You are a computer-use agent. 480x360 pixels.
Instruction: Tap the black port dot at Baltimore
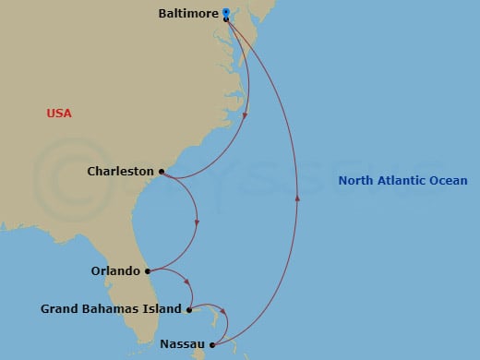[x=226, y=18]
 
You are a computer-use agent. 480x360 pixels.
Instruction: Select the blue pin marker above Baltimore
[x=226, y=12]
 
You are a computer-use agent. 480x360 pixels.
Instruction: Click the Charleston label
[x=120, y=171]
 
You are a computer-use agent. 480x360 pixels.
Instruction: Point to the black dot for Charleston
[x=162, y=171]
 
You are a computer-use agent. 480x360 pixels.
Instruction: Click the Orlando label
[x=115, y=271]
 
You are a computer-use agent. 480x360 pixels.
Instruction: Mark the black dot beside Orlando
[x=148, y=271]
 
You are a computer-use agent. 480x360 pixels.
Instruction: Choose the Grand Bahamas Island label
[x=111, y=309]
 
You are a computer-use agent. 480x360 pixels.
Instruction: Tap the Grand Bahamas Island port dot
[x=188, y=309]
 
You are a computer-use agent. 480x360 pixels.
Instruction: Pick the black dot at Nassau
[x=211, y=344]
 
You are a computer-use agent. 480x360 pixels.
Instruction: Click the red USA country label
[x=59, y=114]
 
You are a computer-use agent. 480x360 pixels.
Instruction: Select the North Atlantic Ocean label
[x=402, y=181]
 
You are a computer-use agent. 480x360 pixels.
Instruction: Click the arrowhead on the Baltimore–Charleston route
[x=245, y=115]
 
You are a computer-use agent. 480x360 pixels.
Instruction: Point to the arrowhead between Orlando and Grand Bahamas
[x=187, y=283]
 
